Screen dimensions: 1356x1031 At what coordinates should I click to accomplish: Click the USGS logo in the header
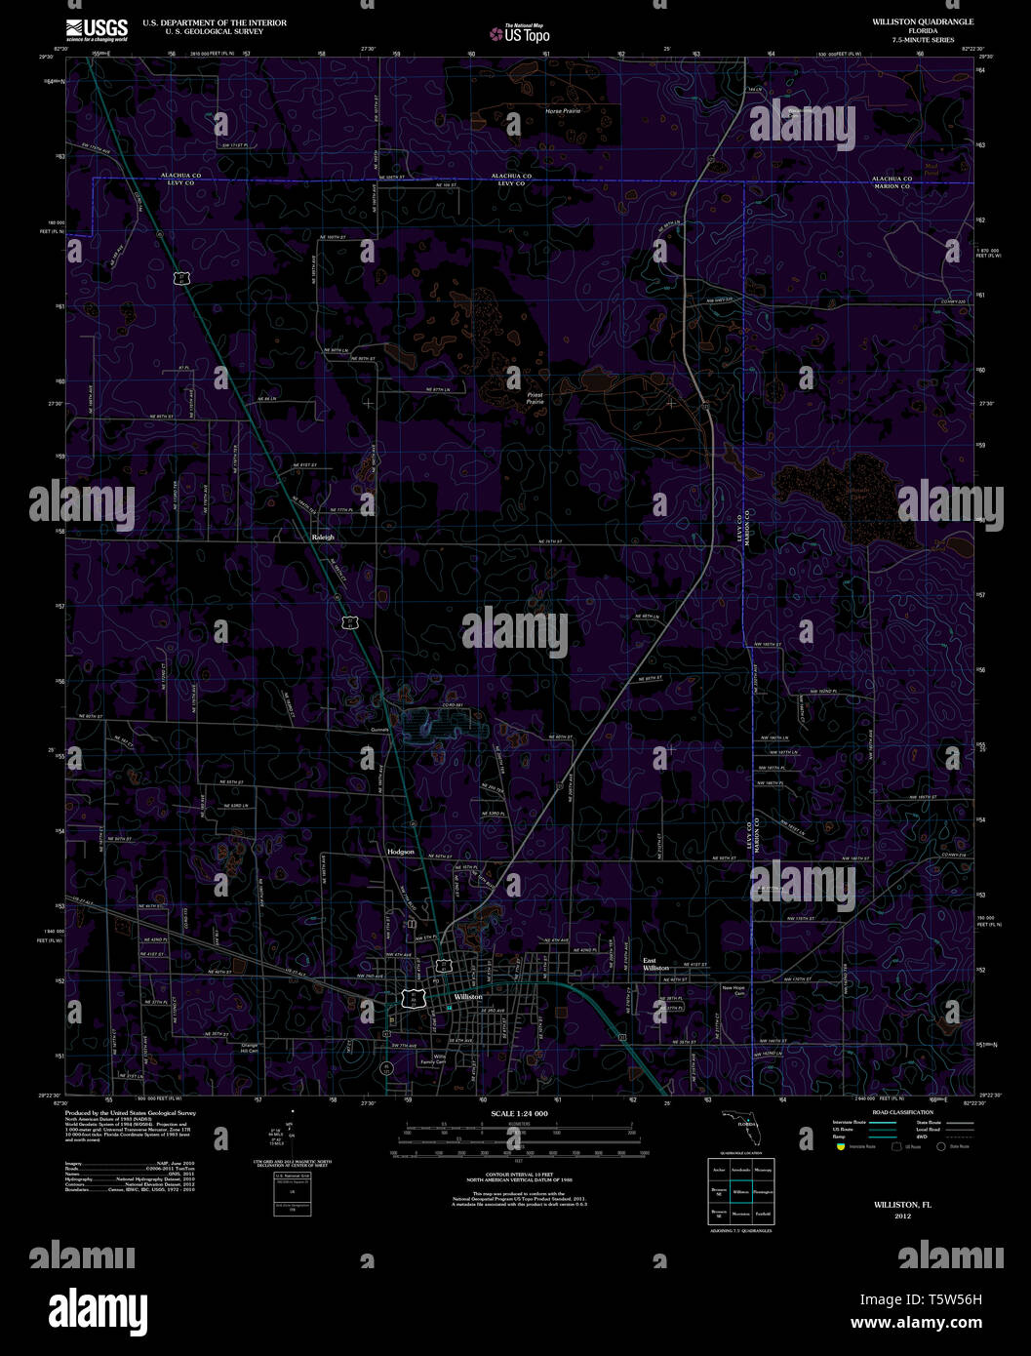(97, 28)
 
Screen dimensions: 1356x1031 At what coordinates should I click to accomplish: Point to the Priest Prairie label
(535, 398)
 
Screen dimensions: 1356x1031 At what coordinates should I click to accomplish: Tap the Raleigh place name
(323, 538)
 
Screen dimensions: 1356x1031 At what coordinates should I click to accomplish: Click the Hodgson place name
(401, 852)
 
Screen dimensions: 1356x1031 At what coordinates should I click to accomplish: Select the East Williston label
(655, 964)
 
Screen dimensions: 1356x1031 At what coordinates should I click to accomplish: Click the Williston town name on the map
(468, 997)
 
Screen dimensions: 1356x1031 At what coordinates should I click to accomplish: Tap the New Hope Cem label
(733, 990)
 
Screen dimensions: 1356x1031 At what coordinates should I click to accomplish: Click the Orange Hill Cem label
(250, 1049)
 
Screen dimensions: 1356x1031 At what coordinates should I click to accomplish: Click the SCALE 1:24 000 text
(519, 1113)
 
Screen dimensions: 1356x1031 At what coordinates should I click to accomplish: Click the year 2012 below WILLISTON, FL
(902, 1216)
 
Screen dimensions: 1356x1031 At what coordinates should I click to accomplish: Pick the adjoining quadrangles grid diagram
(741, 1191)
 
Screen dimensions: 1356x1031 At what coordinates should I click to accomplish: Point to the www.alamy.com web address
(916, 1324)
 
